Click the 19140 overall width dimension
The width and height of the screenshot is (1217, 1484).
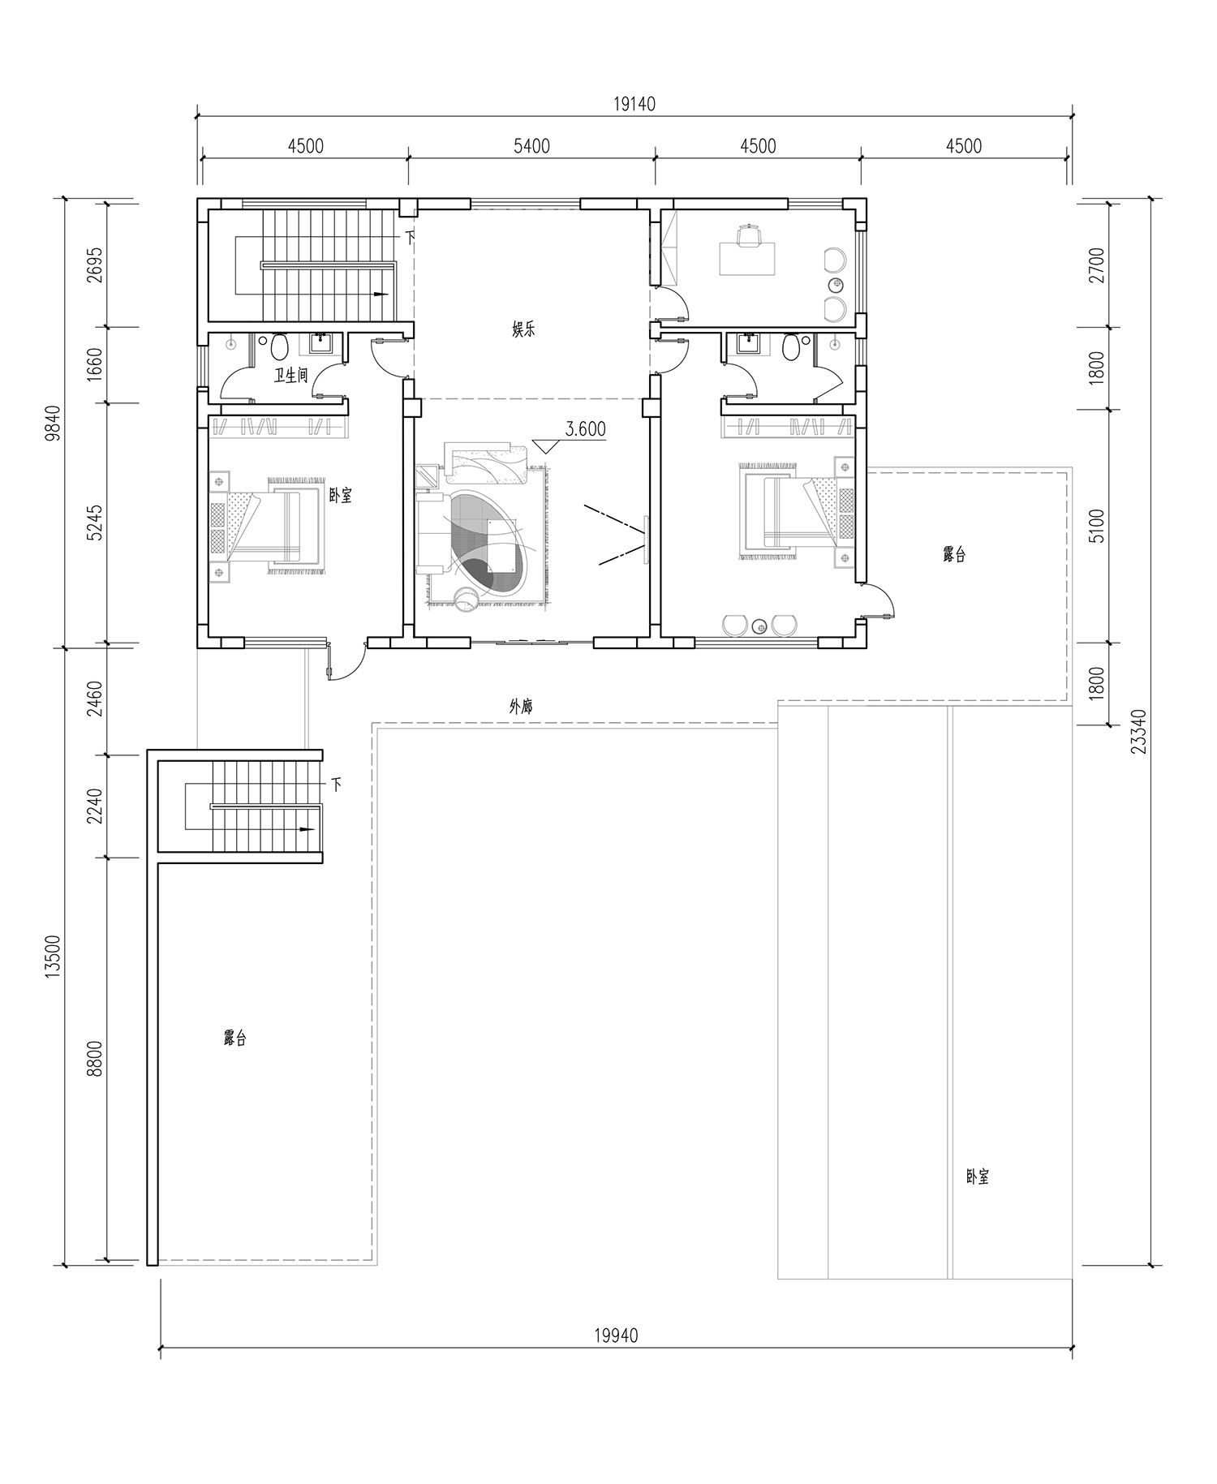[634, 104]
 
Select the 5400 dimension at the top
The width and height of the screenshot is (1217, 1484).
[531, 146]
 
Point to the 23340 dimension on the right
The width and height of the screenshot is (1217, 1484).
[1139, 732]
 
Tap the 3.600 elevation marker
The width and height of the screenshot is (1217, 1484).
[585, 429]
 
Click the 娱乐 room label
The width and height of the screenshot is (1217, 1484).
[523, 330]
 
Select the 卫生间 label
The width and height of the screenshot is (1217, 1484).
[291, 375]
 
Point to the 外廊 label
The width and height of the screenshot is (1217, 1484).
[521, 707]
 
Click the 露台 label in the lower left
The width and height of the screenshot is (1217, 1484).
[235, 1038]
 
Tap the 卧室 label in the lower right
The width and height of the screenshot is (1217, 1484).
[978, 1176]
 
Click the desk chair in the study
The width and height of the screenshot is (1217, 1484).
[749, 234]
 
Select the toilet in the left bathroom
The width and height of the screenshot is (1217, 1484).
[279, 348]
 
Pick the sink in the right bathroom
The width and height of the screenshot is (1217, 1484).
[746, 343]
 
